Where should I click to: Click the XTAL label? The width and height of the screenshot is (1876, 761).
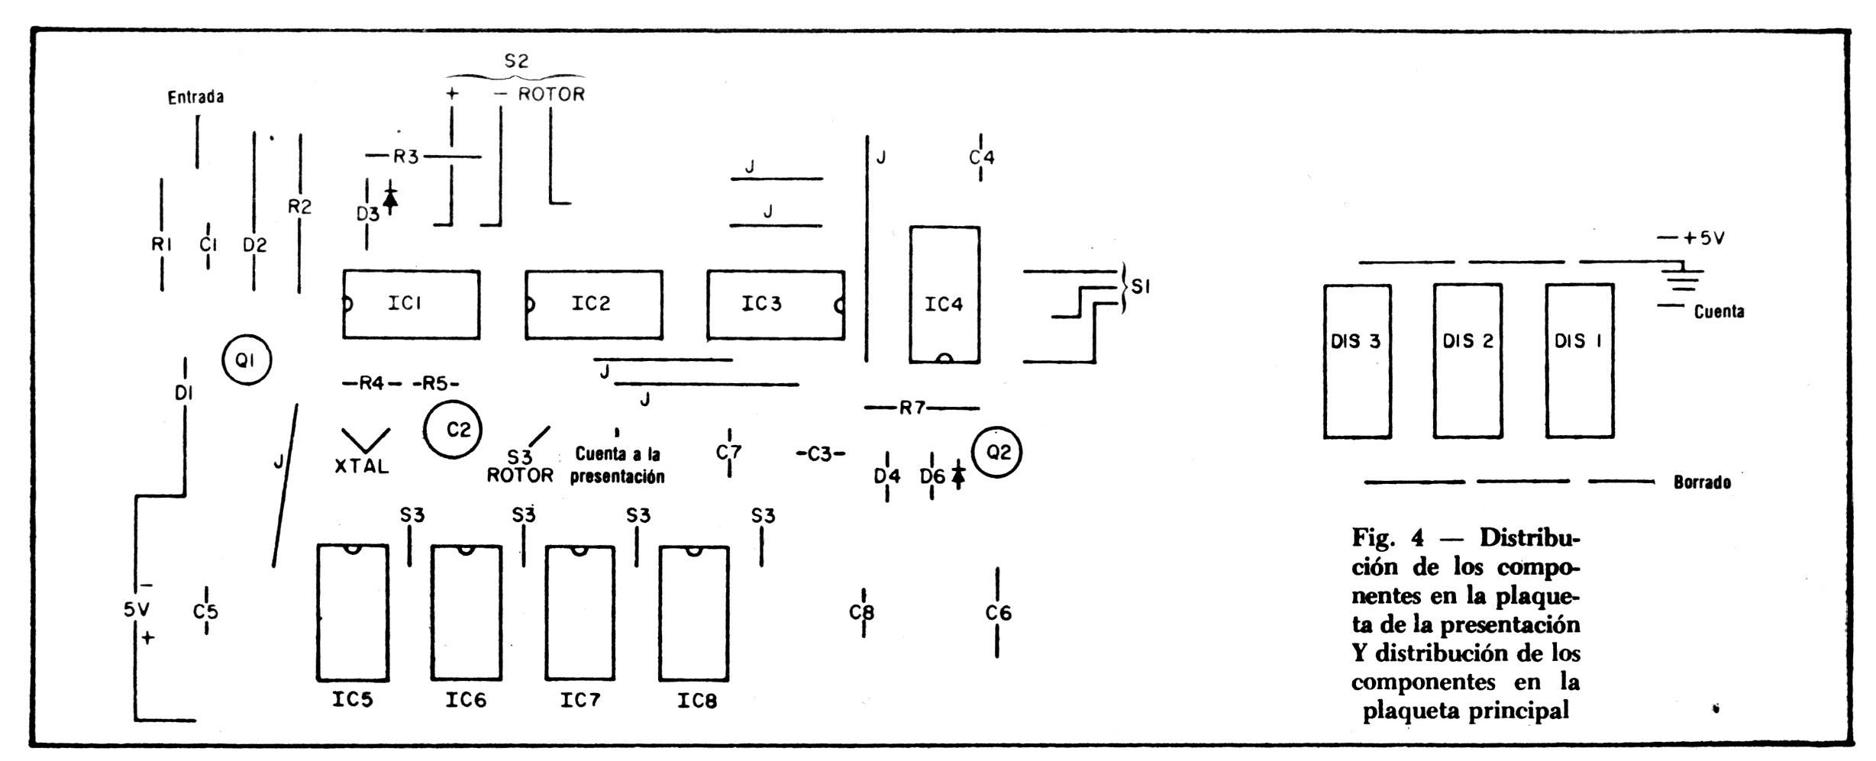coord(362,466)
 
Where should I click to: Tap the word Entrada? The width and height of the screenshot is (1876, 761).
coord(196,97)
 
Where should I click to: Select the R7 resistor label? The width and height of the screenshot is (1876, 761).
coord(912,408)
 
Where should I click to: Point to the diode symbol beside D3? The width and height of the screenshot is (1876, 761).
coord(390,198)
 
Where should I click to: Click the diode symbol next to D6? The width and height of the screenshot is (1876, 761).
coord(957,475)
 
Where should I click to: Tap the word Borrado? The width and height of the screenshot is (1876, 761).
coord(1702,482)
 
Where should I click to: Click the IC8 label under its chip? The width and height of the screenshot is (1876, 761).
coord(696,700)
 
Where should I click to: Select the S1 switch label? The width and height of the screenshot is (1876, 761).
coord(1141,287)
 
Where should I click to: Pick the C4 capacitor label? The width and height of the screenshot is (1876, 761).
coord(981,157)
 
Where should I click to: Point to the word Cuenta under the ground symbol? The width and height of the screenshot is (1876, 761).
coord(1719,311)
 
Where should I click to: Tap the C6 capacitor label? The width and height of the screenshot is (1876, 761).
coord(998,612)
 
